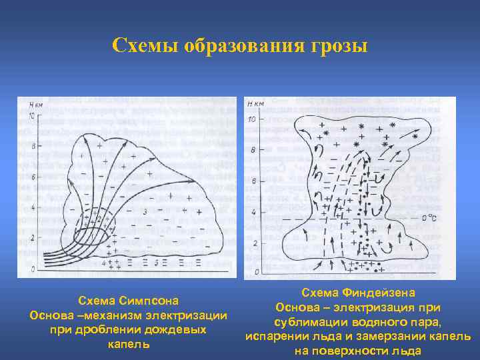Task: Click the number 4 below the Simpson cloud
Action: (x=103, y=263)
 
